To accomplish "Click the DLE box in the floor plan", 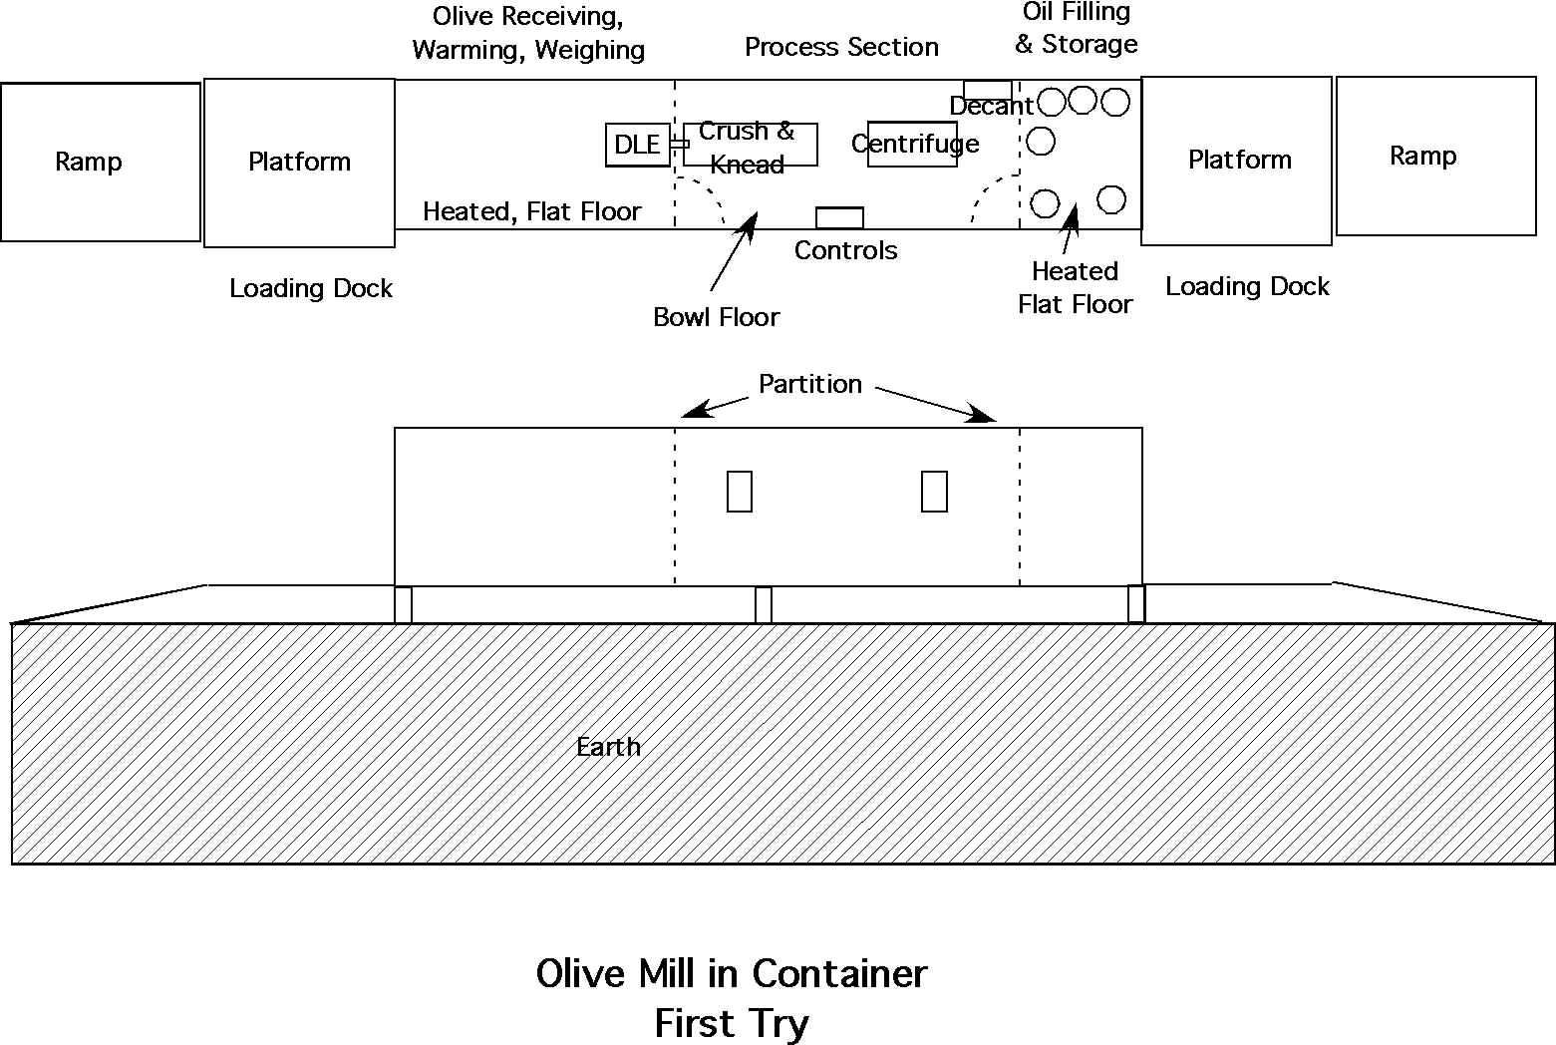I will [x=638, y=146].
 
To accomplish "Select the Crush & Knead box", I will [x=750, y=146].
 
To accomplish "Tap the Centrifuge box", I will [x=912, y=145].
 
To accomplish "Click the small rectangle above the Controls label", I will [x=839, y=217].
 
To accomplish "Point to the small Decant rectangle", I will [x=987, y=91].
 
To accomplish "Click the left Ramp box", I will [x=100, y=162].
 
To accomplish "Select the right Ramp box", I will [x=1435, y=156].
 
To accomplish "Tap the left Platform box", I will [x=299, y=163].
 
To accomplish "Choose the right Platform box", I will [x=1236, y=161].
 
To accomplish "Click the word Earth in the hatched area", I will [x=608, y=747].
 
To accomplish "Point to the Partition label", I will [x=809, y=384].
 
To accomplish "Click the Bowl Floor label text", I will [x=716, y=317].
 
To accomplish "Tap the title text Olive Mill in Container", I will [x=732, y=973].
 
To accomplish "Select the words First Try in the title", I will [x=732, y=1023].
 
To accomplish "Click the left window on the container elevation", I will [x=740, y=492].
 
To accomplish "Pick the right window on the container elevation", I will [x=934, y=492].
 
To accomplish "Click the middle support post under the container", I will [x=764, y=605].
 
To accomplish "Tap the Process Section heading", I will [x=841, y=47].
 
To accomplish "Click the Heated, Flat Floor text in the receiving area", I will [x=532, y=211].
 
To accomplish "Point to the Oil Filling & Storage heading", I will [x=1076, y=28].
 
